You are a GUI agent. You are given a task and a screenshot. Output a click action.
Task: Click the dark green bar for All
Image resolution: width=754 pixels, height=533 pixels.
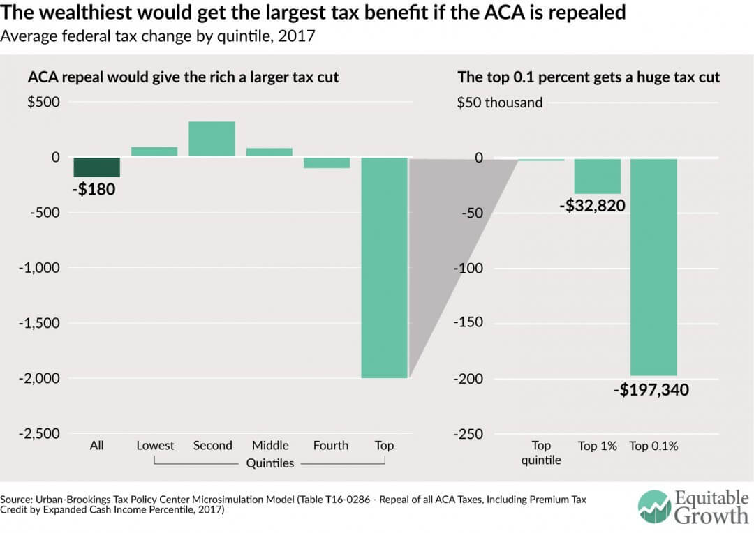[x=97, y=167]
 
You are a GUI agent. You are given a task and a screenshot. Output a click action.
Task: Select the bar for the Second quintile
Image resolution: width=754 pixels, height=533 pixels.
[x=212, y=139]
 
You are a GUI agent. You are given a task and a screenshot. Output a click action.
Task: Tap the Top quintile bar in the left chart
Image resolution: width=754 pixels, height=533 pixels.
[x=384, y=268]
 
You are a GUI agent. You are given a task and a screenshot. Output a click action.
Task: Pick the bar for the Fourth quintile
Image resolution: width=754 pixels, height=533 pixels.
[x=326, y=163]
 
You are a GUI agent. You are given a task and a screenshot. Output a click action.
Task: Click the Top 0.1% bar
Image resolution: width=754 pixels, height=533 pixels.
[x=653, y=267]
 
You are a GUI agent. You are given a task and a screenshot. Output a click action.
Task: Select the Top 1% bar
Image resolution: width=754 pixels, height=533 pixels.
[x=598, y=176]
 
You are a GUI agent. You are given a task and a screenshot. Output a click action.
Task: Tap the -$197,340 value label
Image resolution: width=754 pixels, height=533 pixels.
[x=651, y=390]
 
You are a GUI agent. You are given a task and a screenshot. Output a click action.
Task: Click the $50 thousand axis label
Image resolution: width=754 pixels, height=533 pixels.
[x=499, y=103]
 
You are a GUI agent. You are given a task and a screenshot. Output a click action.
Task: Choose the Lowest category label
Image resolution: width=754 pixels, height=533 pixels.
[x=155, y=445]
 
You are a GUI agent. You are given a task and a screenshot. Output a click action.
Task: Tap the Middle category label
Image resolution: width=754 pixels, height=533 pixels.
[x=270, y=445]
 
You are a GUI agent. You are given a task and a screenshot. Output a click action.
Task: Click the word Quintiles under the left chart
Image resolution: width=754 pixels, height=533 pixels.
[x=269, y=463]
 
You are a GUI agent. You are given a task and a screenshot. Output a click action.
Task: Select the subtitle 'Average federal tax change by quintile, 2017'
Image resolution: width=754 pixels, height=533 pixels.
[x=158, y=37]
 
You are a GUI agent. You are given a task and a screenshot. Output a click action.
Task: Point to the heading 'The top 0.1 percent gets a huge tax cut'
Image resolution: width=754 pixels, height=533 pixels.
[x=589, y=77]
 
